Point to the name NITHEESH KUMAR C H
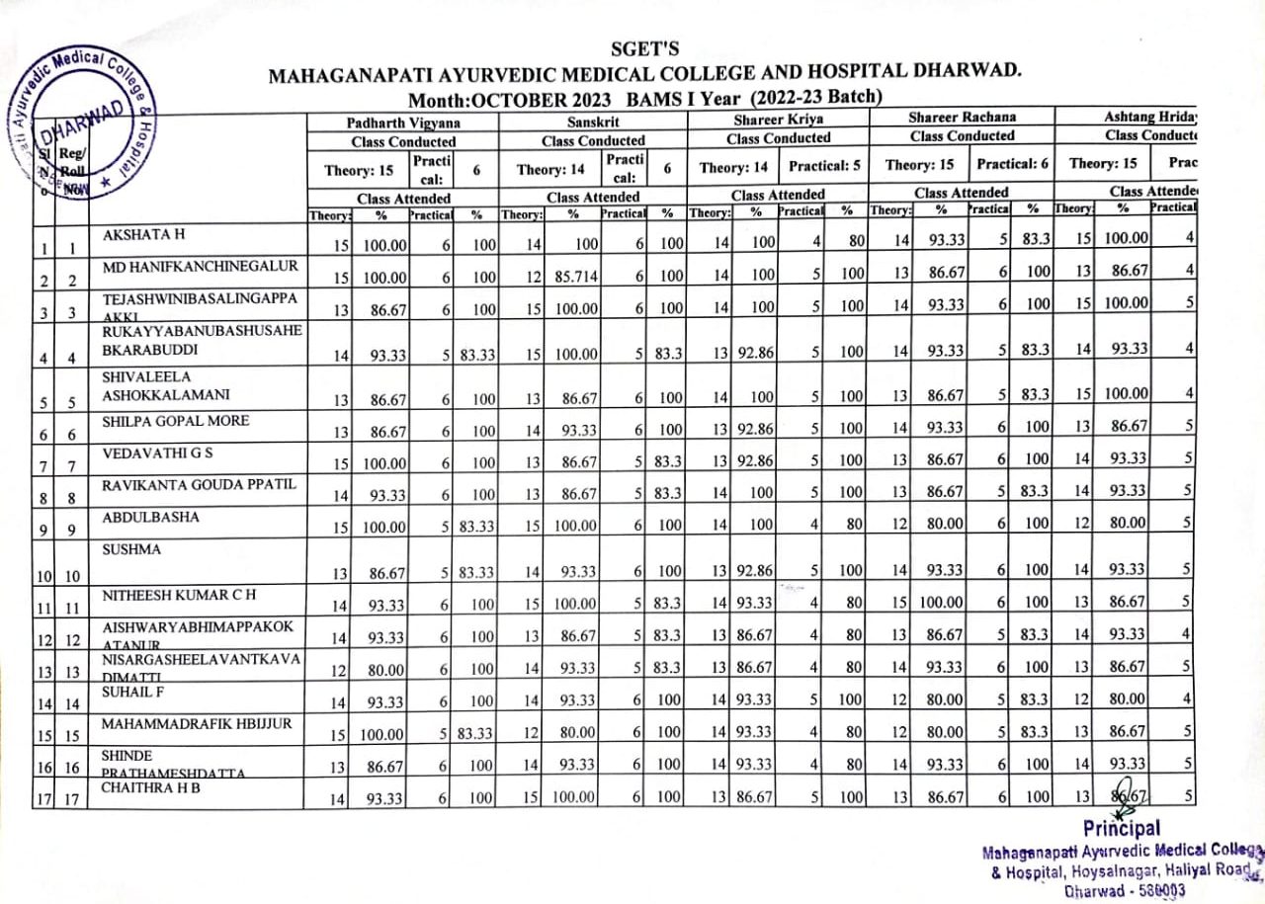(170, 594)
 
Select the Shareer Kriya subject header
(778, 120)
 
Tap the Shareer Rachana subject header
(962, 118)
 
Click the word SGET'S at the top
(645, 49)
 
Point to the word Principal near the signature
(1121, 828)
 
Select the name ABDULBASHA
(150, 518)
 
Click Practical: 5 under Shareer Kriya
(824, 167)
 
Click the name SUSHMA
(128, 546)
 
